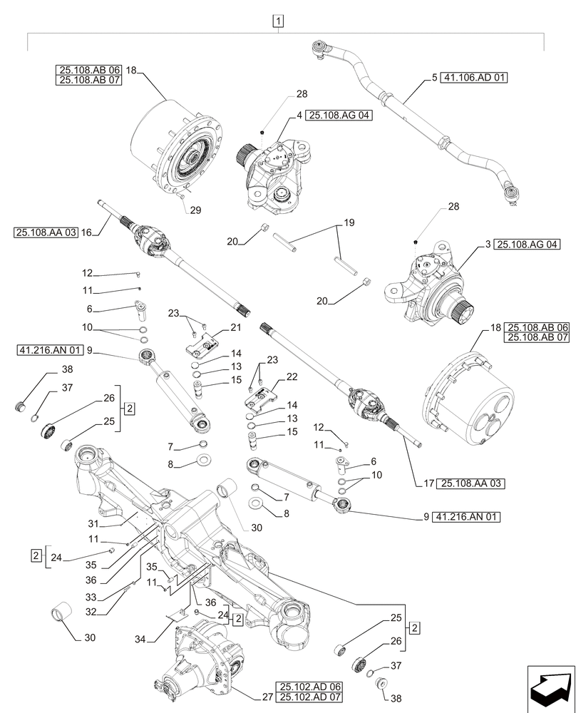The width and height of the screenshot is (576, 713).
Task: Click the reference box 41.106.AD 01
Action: [474, 78]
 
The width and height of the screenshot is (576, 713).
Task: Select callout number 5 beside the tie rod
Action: [433, 78]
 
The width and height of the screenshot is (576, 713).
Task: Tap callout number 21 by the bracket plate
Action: [235, 327]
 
